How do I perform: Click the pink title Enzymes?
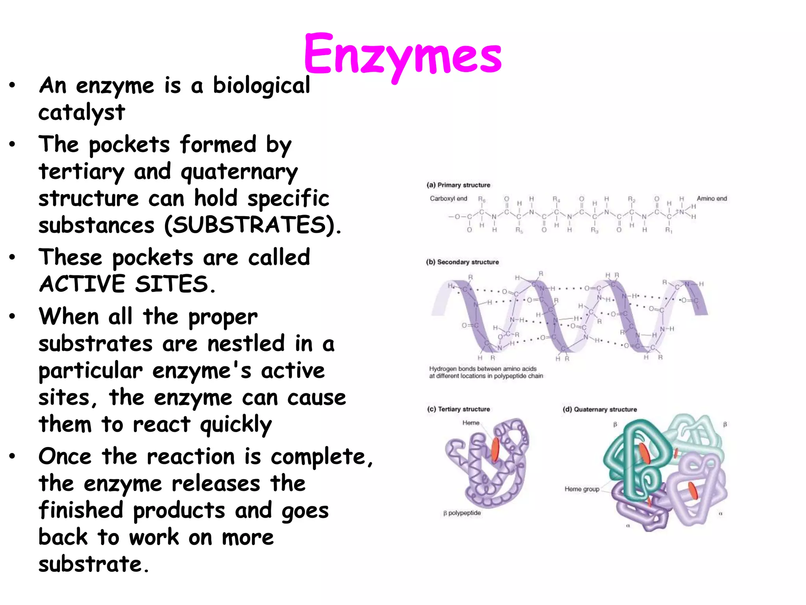point(402,55)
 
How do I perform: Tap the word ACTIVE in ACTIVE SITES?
point(82,284)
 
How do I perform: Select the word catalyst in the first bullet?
point(82,113)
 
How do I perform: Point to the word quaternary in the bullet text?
point(239,172)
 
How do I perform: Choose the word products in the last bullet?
point(179,511)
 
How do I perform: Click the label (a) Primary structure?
point(458,185)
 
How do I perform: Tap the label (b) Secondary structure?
point(462,262)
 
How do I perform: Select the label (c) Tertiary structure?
point(458,409)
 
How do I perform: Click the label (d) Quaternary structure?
point(599,410)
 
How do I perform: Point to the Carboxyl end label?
point(448,199)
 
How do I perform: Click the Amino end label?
point(712,199)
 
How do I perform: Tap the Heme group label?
point(582,489)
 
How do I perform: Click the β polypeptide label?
point(462,513)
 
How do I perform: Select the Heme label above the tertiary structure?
point(471,423)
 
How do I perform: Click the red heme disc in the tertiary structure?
point(495,449)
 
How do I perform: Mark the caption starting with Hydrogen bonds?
point(486,373)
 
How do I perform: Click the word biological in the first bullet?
point(261,86)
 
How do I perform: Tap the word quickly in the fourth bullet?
point(236,425)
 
